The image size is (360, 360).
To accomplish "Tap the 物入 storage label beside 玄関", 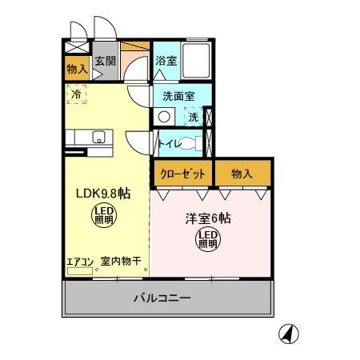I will pos(77,70).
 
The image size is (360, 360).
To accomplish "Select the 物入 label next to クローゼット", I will pos(242,173).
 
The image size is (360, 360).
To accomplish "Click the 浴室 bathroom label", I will pos(166,61).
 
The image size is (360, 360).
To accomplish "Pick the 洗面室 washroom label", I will pos(178,96).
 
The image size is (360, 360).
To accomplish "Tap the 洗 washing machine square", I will pos(193,117).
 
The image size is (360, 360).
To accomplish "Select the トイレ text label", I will pos(169,144).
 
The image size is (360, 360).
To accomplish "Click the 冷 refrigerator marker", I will pos(77,94).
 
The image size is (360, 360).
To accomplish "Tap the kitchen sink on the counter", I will pos(98,137).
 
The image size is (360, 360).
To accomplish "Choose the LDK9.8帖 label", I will pos(103,194).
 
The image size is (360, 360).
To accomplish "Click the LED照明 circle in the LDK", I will pos(103,214).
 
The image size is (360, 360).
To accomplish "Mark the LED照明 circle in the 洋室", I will pos(208,238).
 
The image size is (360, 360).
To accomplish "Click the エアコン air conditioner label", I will pos(80,261).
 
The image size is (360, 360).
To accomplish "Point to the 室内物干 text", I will pos(121,261).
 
